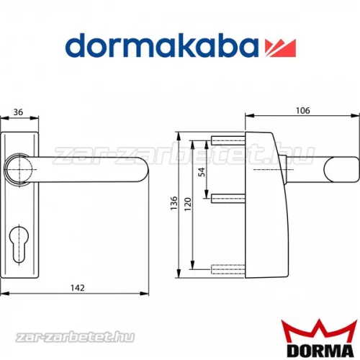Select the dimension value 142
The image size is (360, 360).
click(78, 288)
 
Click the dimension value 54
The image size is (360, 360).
click(202, 171)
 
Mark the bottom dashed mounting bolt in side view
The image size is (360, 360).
click(229, 270)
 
